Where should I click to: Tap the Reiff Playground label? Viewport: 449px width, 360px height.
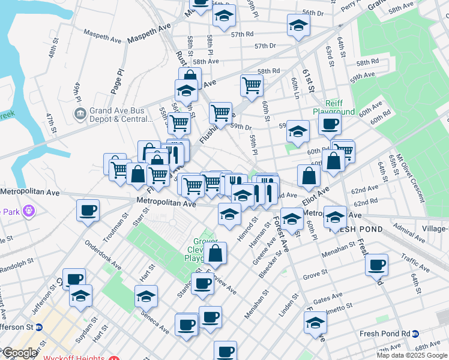point(334,107)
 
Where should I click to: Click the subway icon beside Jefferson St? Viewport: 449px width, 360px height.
point(40,327)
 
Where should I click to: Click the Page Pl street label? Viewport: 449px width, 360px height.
point(117,79)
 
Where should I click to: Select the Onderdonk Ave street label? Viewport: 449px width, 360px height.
point(103,250)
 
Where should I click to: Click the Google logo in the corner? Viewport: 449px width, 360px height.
point(19,353)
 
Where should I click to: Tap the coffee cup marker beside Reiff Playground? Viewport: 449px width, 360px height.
point(329,125)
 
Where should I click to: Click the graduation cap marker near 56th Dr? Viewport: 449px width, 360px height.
point(298,25)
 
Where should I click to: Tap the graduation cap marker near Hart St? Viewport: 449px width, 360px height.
point(145,296)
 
